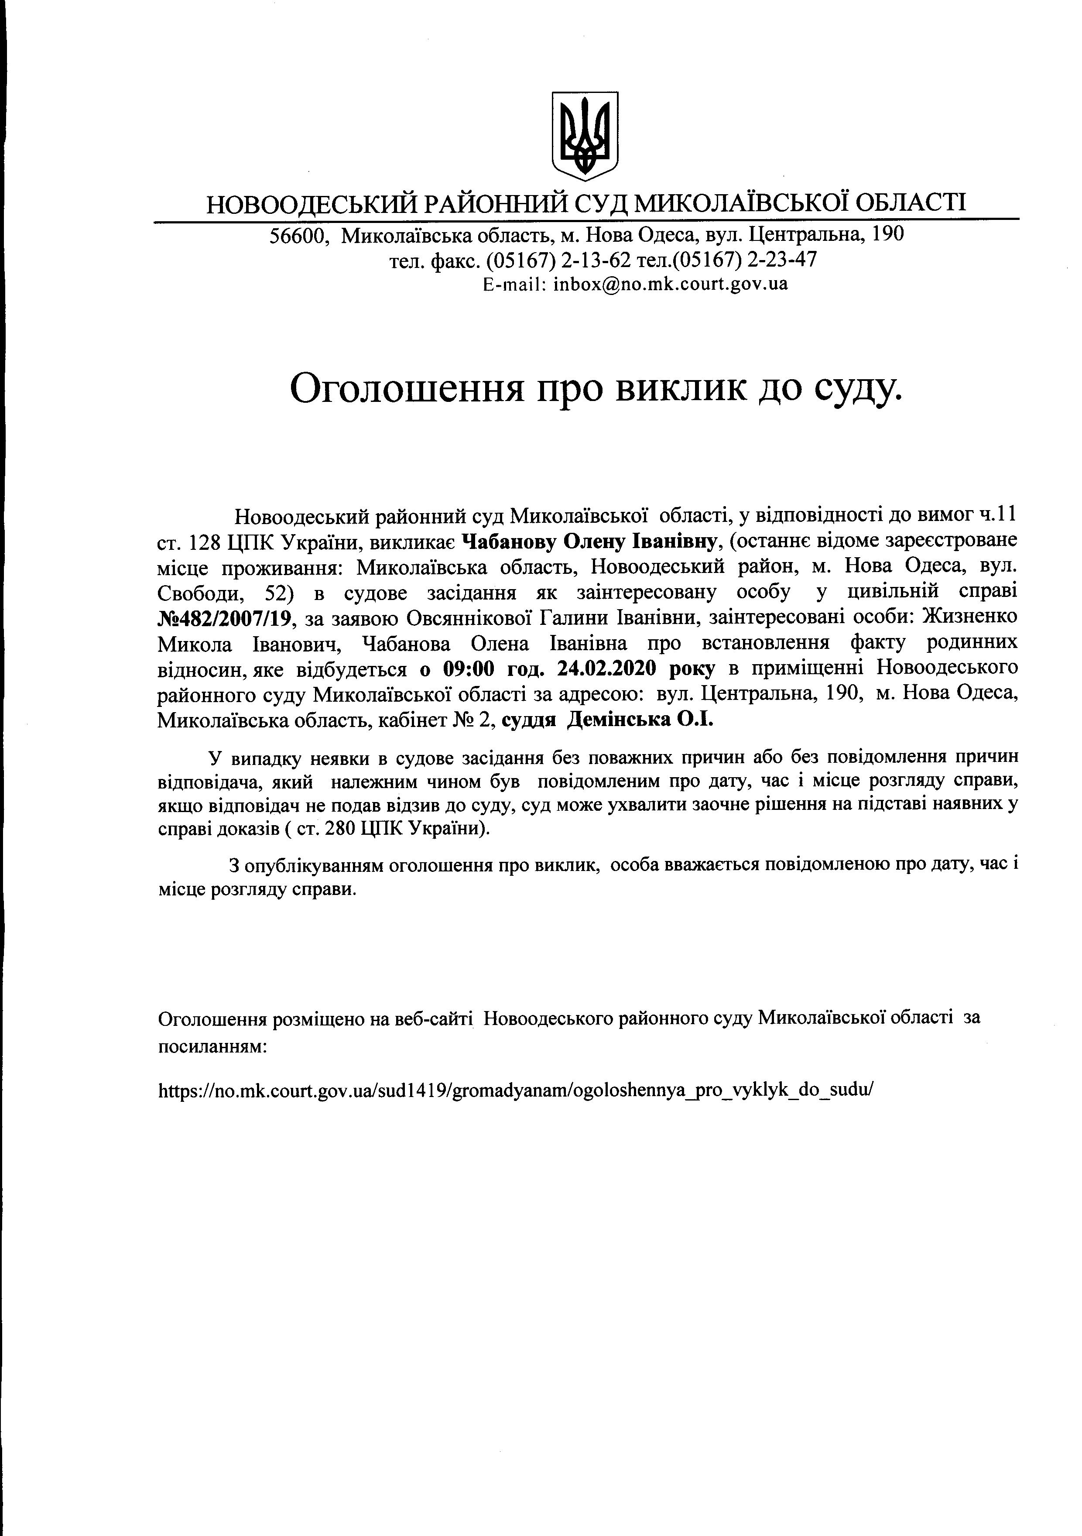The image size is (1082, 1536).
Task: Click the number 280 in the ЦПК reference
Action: pyautogui.click(x=340, y=829)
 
